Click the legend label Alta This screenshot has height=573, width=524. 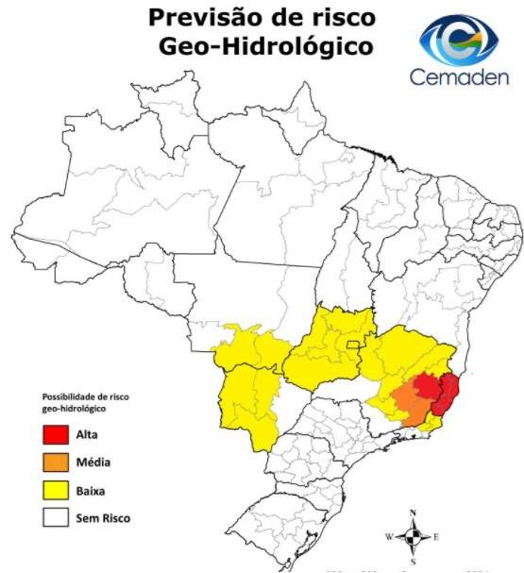tap(87, 436)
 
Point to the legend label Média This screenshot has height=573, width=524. tap(92, 463)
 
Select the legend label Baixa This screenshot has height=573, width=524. tap(91, 491)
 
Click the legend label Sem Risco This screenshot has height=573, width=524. tap(103, 517)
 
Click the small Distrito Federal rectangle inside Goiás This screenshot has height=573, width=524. tap(351, 345)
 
